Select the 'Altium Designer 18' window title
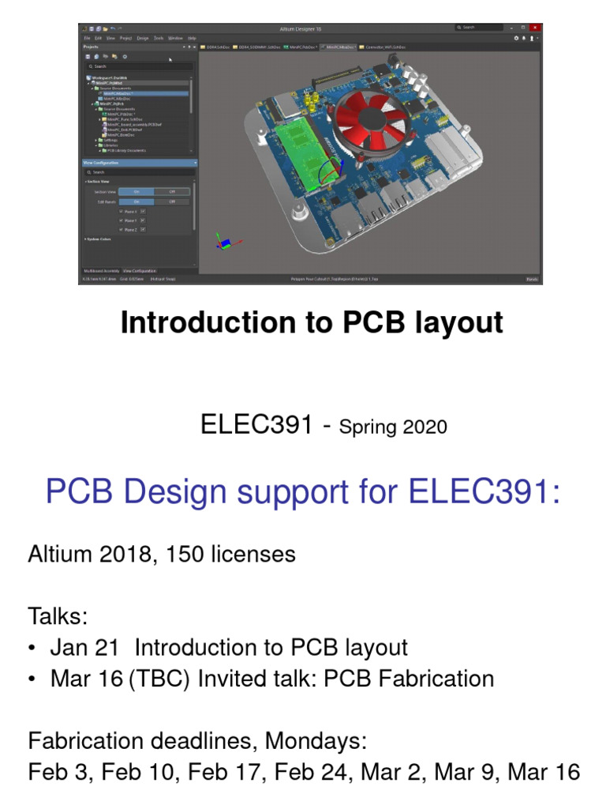pos(303,28)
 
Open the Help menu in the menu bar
pos(192,38)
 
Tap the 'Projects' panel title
pos(91,47)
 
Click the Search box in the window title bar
pos(478,28)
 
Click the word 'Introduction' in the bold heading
pos(198,323)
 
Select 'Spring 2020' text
pos(393,427)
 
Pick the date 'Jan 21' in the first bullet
pos(84,648)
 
